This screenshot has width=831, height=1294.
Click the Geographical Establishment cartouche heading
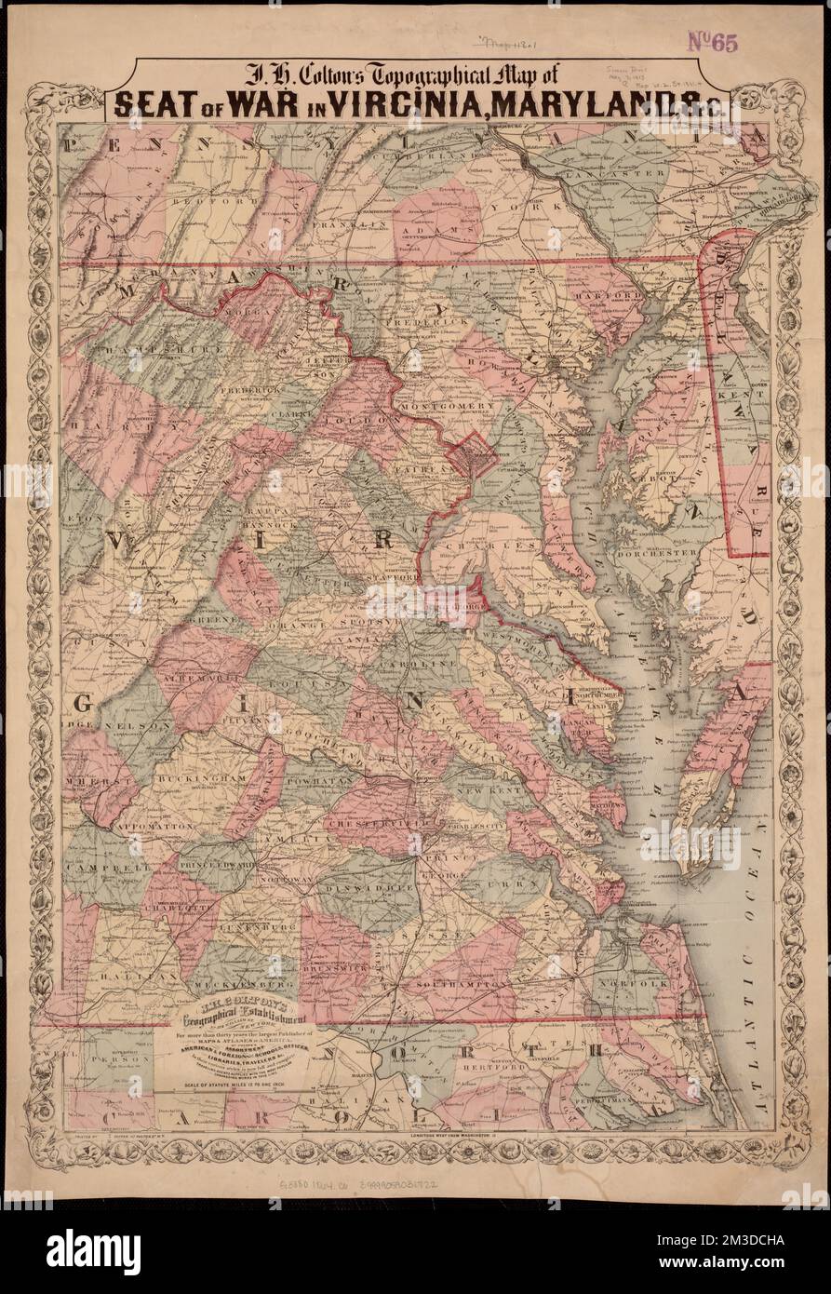[243, 1018]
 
